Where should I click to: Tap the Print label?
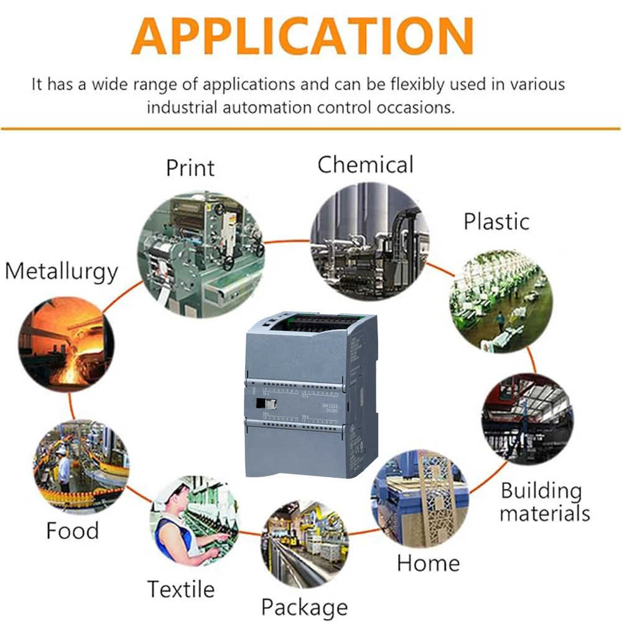pyautogui.click(x=190, y=168)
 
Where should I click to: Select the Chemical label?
pyautogui.click(x=365, y=165)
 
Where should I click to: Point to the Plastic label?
pyautogui.click(x=496, y=221)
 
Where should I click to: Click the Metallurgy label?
pyautogui.click(x=61, y=272)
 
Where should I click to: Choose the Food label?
pyautogui.click(x=72, y=531)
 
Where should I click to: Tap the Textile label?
pyautogui.click(x=180, y=588)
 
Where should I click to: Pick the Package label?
pyautogui.click(x=304, y=606)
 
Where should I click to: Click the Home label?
pyautogui.click(x=428, y=563)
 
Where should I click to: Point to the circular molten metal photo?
pyautogui.click(x=66, y=344)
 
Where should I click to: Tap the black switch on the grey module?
pyautogui.click(x=261, y=404)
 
